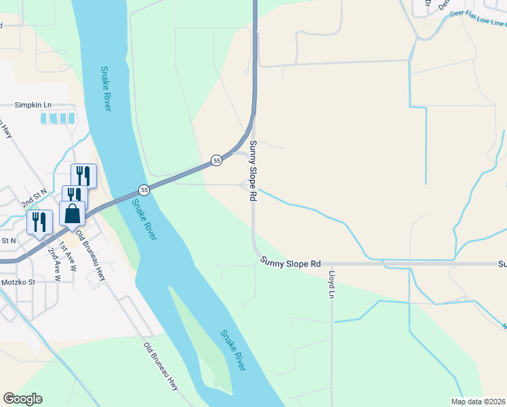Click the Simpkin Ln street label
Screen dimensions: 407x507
click(33, 105)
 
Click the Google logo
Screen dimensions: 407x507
click(22, 399)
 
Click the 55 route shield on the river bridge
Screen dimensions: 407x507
click(144, 189)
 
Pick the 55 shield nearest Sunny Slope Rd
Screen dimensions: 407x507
click(216, 160)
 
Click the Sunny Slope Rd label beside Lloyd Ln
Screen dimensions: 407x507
click(289, 263)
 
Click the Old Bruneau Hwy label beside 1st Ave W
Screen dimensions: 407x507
click(92, 255)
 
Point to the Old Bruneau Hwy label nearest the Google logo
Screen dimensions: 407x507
click(161, 366)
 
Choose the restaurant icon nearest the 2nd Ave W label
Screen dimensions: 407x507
click(39, 222)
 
